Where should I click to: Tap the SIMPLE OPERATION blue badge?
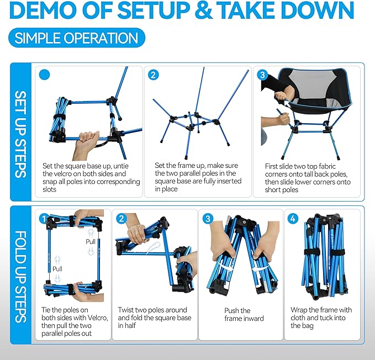point(77,38)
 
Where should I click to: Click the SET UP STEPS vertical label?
point(20,134)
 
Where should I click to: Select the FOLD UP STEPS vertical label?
point(20,277)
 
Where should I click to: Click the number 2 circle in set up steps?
point(154,75)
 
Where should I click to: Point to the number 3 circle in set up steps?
point(262,75)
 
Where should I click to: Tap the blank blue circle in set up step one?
point(45,75)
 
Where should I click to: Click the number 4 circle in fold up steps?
point(293,219)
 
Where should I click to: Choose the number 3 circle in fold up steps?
point(208,219)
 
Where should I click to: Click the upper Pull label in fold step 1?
point(91,242)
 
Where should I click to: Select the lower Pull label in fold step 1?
point(57,269)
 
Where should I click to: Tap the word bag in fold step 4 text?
point(308,326)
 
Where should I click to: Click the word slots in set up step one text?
point(50,189)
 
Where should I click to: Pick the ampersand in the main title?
point(203,10)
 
